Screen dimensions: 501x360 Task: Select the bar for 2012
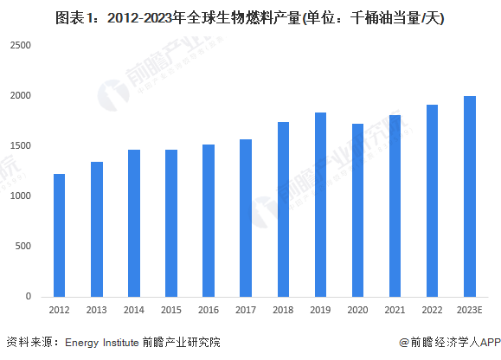(59, 235)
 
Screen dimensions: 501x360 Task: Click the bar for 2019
(320, 205)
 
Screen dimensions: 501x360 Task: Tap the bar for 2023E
(470, 196)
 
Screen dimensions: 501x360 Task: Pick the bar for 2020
(357, 210)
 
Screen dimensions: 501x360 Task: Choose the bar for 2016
(209, 221)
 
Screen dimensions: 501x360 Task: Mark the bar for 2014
(134, 223)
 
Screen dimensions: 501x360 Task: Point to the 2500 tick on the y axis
(21, 45)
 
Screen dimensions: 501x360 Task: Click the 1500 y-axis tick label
(21, 145)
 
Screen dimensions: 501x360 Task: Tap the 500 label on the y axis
(23, 246)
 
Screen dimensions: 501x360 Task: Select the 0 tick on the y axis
(29, 296)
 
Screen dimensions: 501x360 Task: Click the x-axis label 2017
(246, 310)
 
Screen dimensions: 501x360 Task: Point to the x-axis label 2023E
(469, 310)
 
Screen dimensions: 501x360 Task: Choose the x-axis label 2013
(97, 310)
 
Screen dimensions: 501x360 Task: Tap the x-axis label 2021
(395, 310)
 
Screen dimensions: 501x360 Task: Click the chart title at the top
(250, 18)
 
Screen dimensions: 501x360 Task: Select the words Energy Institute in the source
(101, 343)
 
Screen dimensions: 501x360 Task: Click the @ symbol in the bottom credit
(404, 343)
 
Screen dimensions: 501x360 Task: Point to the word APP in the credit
(490, 343)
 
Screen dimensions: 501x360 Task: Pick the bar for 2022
(433, 201)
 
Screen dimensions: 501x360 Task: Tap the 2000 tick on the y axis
(21, 95)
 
